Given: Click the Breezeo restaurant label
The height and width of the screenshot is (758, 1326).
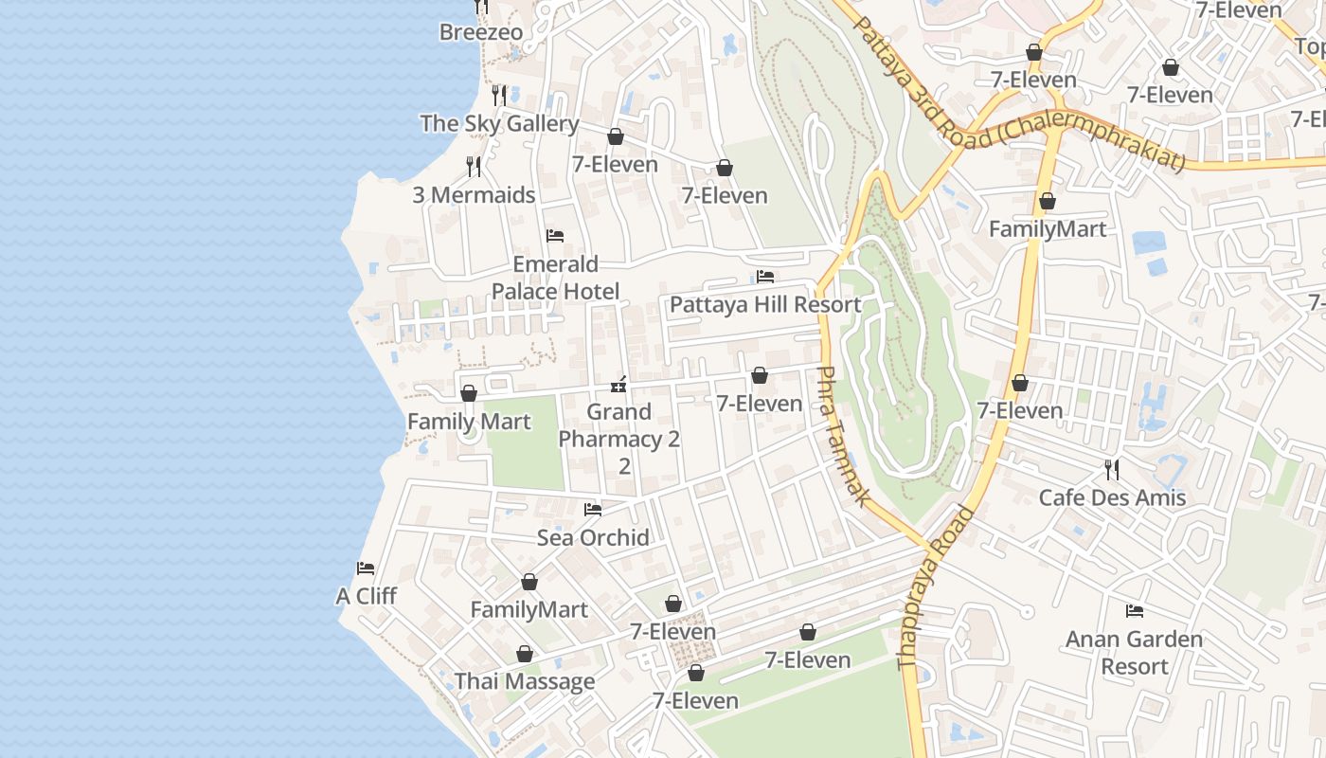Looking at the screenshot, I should (480, 32).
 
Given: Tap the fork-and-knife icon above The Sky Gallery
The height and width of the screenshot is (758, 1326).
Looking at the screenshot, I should (499, 95).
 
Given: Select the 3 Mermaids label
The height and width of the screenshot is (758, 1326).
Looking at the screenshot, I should (474, 195).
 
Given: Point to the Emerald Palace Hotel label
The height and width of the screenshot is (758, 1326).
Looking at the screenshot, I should (555, 278).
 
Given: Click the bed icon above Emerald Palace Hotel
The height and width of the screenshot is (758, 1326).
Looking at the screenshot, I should (555, 236).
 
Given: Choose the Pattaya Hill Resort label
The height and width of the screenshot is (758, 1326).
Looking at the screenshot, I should (765, 305).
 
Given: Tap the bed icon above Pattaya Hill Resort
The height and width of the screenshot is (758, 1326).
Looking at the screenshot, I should (765, 277).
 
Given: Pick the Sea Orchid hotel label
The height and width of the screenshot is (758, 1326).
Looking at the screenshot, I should (593, 538).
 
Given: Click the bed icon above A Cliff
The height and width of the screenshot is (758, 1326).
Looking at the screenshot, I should (366, 568).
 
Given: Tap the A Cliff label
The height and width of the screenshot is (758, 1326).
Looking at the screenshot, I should (366, 596).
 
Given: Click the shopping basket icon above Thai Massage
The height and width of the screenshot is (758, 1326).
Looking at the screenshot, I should (525, 654).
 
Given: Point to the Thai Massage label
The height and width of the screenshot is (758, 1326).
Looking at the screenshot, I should (525, 681).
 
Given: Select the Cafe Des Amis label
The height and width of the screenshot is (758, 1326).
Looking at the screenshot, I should (1112, 497).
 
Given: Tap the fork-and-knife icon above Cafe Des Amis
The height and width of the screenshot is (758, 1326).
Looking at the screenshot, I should (1112, 469).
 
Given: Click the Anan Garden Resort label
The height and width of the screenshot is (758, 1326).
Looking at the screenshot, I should (1134, 652).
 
